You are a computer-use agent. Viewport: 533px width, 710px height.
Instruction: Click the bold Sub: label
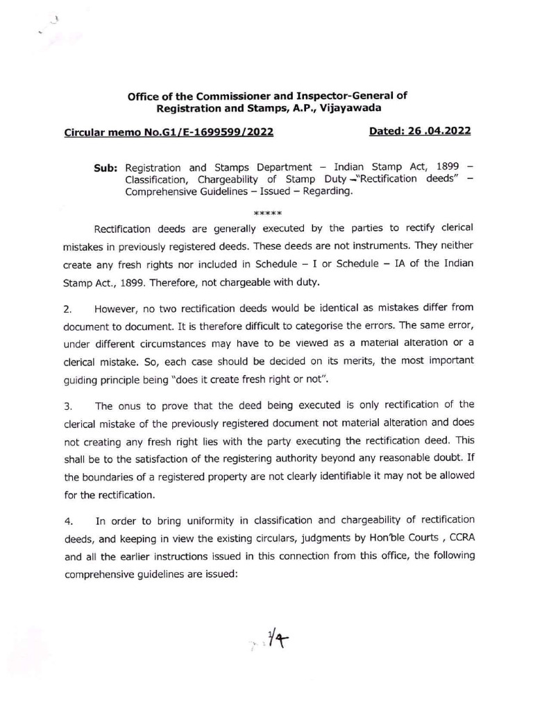tap(108, 168)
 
